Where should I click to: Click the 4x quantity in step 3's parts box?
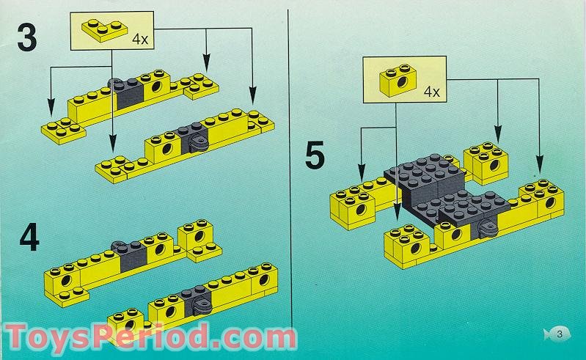pos(139,40)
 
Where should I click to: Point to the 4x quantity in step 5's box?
pos(432,92)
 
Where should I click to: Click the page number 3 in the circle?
pos(561,334)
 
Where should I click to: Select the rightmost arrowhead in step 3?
pos(253,98)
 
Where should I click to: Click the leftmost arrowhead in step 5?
pos(361,168)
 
